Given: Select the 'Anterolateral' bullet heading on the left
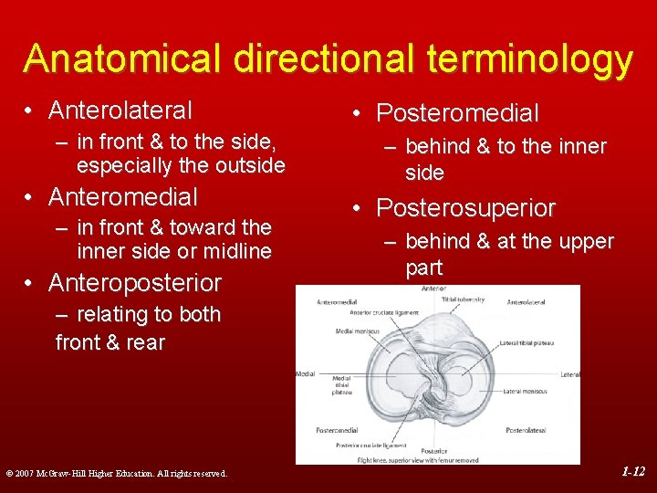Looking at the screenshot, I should (x=120, y=110).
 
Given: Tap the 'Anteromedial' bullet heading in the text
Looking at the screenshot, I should (x=122, y=196).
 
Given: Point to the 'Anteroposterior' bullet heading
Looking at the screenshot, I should (x=134, y=282).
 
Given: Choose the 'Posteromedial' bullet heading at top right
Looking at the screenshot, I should (x=457, y=113).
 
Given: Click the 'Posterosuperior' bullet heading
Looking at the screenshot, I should (x=465, y=208).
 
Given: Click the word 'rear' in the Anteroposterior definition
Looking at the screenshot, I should (x=146, y=342).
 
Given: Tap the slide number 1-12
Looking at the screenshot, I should (x=633, y=472).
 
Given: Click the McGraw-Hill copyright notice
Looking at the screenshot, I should (x=116, y=473).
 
